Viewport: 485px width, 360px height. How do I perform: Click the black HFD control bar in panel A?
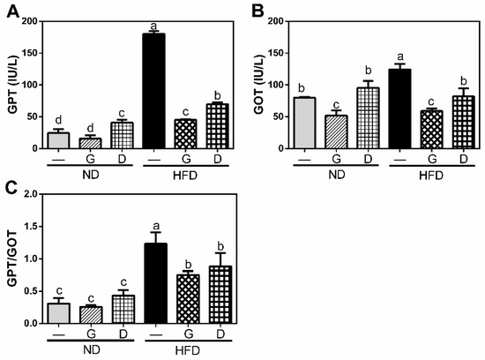click(153, 91)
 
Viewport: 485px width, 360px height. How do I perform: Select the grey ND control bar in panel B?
click(305, 123)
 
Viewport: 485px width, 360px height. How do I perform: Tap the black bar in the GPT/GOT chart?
click(156, 283)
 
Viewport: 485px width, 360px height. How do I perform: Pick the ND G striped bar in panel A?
click(90, 143)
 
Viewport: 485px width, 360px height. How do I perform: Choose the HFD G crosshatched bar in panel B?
click(431, 130)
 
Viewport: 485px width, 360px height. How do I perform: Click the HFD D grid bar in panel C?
click(220, 295)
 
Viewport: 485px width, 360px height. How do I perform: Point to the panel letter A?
click(13, 12)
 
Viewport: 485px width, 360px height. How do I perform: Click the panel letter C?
click(11, 189)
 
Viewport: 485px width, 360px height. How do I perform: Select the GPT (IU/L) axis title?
click(13, 85)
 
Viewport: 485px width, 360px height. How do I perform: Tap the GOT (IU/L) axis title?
click(259, 85)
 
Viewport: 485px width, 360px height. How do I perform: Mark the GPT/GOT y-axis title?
click(13, 259)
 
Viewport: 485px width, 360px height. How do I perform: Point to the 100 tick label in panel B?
click(276, 85)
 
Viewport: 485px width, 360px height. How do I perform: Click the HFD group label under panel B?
click(431, 176)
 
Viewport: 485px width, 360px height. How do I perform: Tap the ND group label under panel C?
click(91, 349)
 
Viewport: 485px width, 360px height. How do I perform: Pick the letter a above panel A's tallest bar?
click(153, 26)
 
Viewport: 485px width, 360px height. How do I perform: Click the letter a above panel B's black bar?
click(400, 56)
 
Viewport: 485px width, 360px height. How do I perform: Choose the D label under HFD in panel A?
click(218, 159)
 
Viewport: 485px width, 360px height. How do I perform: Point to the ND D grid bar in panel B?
click(368, 118)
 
